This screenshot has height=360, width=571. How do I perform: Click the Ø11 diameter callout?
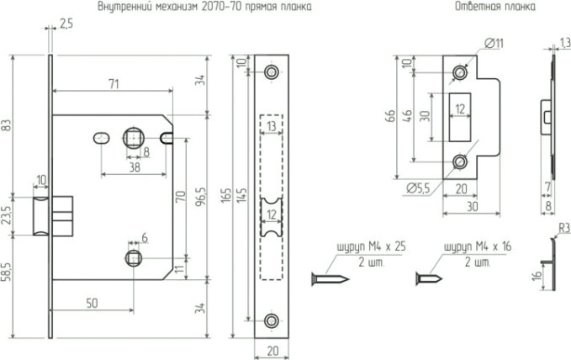tap(494, 43)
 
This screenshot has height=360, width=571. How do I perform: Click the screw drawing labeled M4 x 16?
tap(431, 277)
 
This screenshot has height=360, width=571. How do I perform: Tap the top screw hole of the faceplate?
tap(271, 73)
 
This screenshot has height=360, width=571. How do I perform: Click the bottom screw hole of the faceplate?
tap(271, 320)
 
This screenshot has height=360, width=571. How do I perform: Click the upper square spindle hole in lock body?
tap(133, 135)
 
